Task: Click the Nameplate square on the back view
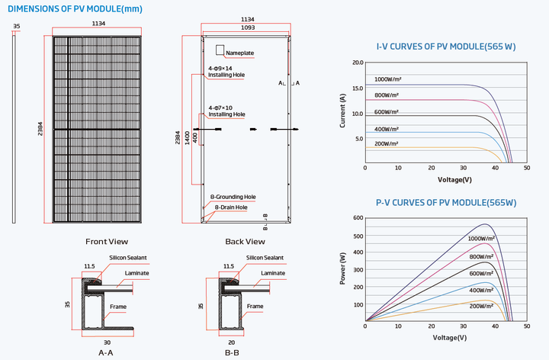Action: pos(220,50)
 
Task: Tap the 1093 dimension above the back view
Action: pos(248,27)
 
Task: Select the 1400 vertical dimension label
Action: pos(188,137)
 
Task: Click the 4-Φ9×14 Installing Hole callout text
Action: pos(226,72)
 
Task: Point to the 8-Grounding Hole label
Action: pos(233,197)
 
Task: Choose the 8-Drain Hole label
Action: pos(231,207)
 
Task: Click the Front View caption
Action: pos(107,242)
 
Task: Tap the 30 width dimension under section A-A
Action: pos(108,342)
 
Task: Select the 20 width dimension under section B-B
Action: pos(232,342)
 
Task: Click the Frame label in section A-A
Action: pos(118,307)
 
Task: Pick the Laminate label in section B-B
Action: pos(273,273)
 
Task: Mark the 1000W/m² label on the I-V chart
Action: pos(387,79)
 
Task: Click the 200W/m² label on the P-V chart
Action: pos(481,306)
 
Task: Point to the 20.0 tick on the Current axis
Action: pos(358,63)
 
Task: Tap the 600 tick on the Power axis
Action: pos(358,218)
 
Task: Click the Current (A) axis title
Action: pos(342,111)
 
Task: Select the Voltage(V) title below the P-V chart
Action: pos(450,338)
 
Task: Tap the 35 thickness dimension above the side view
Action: pos(17,26)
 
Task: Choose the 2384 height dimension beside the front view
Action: pos(40,129)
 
